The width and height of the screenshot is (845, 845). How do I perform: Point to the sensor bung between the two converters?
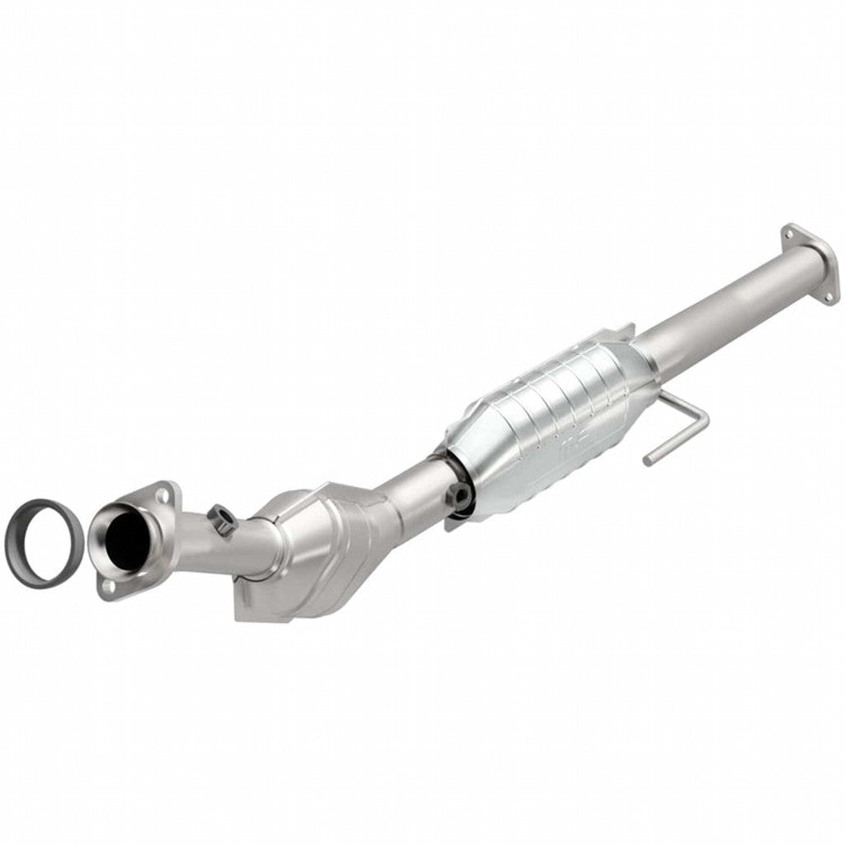(x=458, y=496)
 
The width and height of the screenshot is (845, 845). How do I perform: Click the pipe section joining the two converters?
(x=413, y=487)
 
